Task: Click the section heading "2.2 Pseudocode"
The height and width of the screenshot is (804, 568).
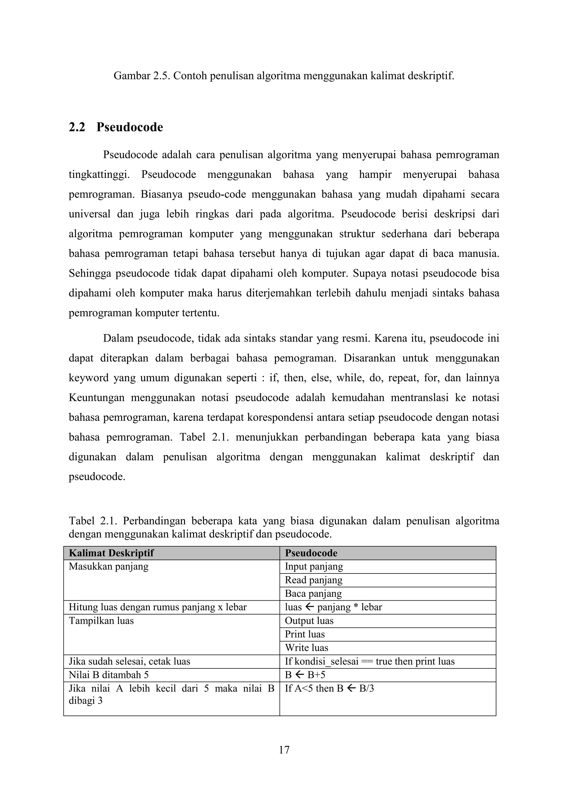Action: click(116, 127)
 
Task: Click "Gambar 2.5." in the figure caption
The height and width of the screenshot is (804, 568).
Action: click(142, 76)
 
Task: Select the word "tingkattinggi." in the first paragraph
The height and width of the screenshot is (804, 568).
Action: click(99, 175)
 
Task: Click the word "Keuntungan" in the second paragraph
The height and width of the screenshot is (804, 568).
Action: click(97, 398)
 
